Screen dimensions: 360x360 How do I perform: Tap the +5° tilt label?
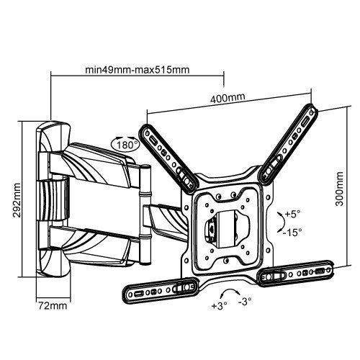[292, 215]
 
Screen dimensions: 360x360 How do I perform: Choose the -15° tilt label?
[293, 233]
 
